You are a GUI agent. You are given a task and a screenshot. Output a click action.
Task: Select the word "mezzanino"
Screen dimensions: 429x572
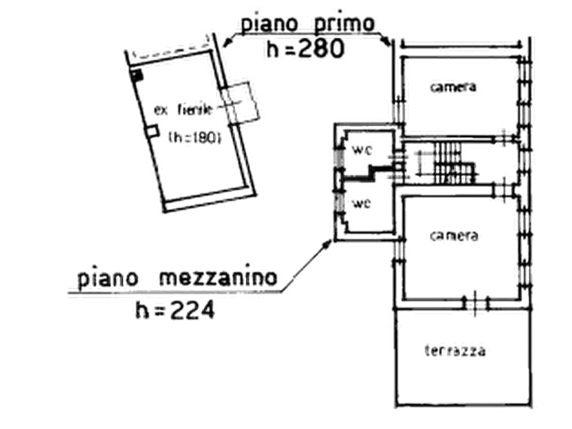(x=218, y=279)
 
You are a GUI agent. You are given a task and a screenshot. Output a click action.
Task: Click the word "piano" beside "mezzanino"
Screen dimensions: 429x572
(x=106, y=279)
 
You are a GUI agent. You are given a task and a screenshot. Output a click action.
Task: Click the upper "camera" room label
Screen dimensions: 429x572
(x=453, y=86)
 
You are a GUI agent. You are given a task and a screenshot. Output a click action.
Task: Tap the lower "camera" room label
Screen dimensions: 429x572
(x=454, y=236)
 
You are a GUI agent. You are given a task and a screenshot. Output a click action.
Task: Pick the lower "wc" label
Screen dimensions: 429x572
(x=359, y=204)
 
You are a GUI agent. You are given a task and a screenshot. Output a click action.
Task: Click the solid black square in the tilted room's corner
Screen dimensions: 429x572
(x=136, y=74)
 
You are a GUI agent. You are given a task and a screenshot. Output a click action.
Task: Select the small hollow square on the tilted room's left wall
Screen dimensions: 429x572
(x=152, y=131)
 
